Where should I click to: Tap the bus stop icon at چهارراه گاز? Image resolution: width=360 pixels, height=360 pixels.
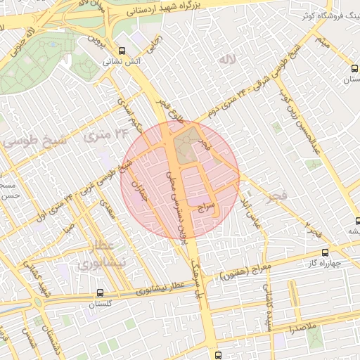(324, 252)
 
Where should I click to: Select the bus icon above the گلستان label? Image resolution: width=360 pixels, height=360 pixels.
(99, 292)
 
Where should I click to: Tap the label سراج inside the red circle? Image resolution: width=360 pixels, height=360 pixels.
(206, 207)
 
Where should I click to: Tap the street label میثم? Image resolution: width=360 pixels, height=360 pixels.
(321, 44)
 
